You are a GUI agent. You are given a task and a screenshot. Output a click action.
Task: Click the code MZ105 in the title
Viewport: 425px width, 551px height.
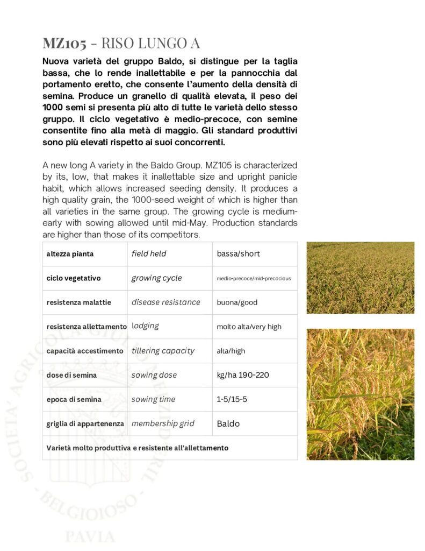click(x=64, y=43)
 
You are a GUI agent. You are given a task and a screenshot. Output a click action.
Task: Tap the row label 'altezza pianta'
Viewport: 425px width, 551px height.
click(x=69, y=253)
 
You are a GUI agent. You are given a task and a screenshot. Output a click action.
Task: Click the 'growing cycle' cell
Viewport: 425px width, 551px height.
click(x=156, y=278)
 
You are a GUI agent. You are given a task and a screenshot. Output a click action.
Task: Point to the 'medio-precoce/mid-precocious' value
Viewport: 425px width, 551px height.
click(x=254, y=279)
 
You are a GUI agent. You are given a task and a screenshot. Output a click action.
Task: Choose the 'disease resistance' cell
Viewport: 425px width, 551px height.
click(x=165, y=302)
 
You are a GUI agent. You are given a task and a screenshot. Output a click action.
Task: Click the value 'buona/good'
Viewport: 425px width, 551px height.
click(x=237, y=302)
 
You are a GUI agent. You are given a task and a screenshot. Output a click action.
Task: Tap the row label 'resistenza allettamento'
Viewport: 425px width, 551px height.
click(x=87, y=327)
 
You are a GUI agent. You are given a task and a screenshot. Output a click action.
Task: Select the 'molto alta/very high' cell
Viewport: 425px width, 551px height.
click(x=249, y=327)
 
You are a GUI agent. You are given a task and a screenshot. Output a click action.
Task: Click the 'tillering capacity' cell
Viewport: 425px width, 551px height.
click(x=163, y=351)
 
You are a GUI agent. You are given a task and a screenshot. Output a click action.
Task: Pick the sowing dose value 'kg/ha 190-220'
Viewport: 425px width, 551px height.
click(x=243, y=375)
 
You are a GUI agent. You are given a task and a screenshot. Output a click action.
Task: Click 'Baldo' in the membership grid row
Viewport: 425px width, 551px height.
click(x=228, y=424)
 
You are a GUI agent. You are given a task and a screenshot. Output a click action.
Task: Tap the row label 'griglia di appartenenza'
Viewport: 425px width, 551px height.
click(x=85, y=424)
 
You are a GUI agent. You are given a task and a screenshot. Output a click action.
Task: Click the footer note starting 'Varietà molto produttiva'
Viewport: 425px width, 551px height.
click(x=137, y=448)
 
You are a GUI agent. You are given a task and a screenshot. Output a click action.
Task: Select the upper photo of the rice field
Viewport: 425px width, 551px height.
click(x=360, y=278)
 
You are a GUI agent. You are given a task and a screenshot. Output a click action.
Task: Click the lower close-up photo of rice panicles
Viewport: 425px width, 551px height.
click(x=360, y=394)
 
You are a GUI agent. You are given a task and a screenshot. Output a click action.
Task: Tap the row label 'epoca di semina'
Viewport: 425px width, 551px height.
click(x=74, y=400)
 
